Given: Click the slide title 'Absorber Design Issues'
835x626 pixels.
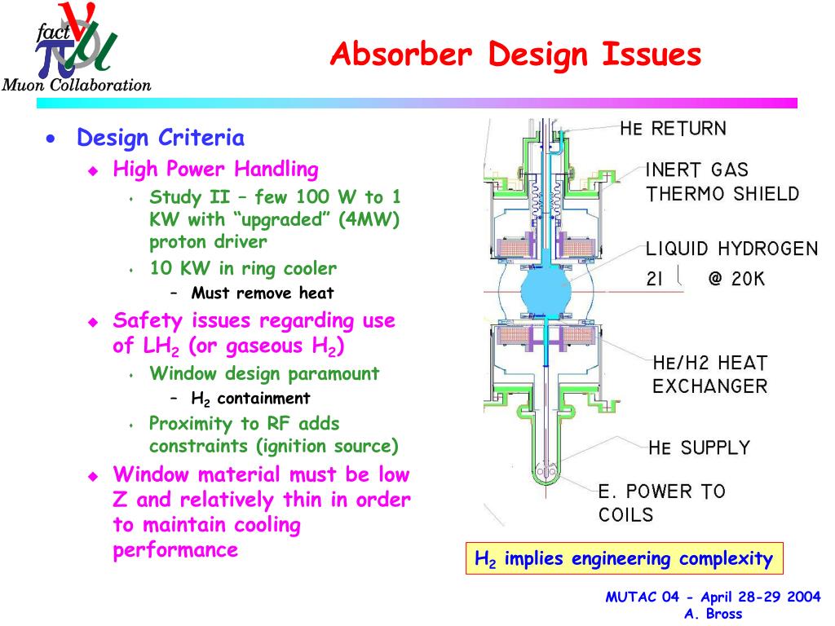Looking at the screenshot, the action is pos(515,55).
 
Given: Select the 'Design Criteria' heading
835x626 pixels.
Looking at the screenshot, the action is pos(161,137).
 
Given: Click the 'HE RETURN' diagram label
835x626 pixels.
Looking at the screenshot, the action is pos(673,128).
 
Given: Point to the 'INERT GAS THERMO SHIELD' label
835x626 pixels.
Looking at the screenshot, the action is pos(722,182).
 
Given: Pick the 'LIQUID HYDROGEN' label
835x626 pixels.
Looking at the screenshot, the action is pos(731,249).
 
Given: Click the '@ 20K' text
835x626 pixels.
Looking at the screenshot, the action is pos(736,279).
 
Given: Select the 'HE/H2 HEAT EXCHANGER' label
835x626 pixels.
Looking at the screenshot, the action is pos(710,374).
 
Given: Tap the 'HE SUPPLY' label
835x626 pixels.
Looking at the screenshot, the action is pos(699,447).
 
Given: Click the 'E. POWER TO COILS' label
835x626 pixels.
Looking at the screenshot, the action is pos(661,502).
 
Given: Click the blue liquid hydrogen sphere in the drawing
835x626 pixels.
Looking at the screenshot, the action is pos(546,290).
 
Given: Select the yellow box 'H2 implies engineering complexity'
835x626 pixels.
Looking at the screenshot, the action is pos(624,558).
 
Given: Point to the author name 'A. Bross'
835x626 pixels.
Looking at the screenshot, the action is pos(713,614).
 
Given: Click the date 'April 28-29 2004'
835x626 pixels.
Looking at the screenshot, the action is pos(761,597).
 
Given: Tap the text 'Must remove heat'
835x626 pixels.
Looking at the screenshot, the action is pos(263,293).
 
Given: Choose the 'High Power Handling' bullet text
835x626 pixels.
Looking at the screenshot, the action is pos(215,170).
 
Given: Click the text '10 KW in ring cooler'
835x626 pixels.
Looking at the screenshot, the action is pos(243,267).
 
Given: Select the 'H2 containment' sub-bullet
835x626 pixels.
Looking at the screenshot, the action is pos(250,398).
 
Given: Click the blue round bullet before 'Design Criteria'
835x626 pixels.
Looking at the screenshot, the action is pos(51,139).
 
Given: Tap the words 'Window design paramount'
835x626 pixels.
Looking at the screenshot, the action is pos(264,373).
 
